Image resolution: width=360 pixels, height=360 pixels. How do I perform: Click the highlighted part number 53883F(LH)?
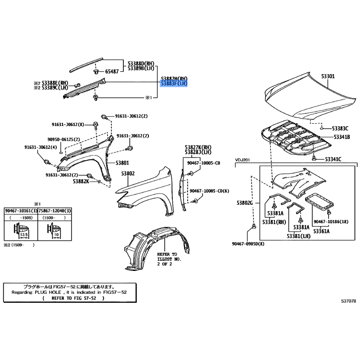click(174, 84)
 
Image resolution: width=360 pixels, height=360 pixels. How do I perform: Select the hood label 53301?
click(328, 76)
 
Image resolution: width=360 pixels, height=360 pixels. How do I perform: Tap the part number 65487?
click(112, 72)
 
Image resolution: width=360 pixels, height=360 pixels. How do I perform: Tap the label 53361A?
click(321, 231)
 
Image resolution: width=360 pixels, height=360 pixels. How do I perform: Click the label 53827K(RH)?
click(198, 147)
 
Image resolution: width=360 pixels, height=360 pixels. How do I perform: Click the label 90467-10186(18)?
click(331, 222)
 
